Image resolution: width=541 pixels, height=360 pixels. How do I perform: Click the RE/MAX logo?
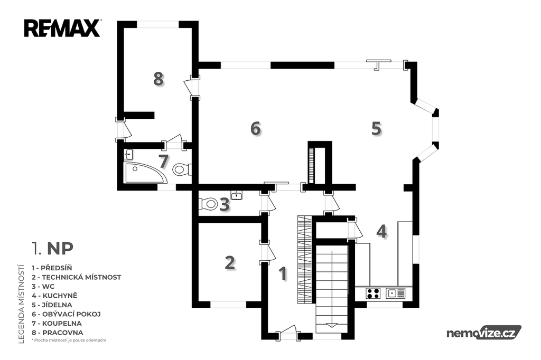click(x=62, y=29)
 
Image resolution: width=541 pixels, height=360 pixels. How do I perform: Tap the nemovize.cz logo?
click(x=484, y=333)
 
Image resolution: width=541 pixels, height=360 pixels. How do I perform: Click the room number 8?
click(x=158, y=79)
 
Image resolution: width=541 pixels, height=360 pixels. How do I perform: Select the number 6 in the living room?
click(x=256, y=128)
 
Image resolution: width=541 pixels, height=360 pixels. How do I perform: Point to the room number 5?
click(x=376, y=128)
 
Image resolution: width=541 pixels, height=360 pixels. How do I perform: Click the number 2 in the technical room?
click(x=230, y=262)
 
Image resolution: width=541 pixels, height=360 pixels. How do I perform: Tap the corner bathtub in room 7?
click(x=145, y=173)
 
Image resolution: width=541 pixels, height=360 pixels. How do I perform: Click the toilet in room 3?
click(x=208, y=203)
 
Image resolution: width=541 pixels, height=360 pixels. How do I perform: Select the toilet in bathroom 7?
click(x=182, y=169)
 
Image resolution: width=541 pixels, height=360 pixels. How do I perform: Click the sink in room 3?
click(x=237, y=195)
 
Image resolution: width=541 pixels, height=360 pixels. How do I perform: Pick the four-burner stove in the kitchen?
click(x=373, y=293)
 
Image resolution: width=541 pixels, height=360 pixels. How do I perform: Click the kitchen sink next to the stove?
click(x=395, y=293)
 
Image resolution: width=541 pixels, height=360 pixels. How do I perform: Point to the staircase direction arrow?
click(x=331, y=325)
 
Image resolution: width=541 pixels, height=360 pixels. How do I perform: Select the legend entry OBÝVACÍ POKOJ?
click(x=66, y=314)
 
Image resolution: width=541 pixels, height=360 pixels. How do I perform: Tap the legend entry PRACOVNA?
click(x=57, y=333)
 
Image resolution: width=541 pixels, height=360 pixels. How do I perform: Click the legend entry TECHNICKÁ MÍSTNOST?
click(x=76, y=277)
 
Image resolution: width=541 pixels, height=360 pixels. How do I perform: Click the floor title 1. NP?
click(x=52, y=248)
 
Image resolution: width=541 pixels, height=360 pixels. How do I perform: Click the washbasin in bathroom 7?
click(x=129, y=155)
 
